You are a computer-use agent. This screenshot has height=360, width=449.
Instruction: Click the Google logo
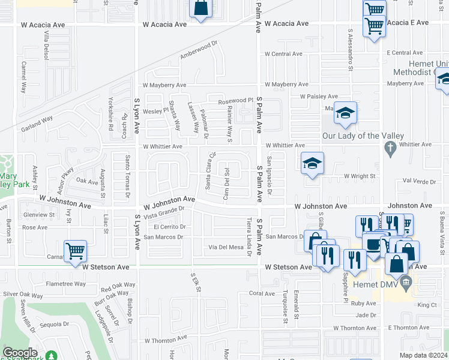[20, 353]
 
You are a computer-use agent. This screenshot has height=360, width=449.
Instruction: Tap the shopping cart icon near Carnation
[75, 251]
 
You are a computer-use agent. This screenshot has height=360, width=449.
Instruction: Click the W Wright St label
[359, 176]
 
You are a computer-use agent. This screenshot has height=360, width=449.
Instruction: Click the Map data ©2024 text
[422, 355]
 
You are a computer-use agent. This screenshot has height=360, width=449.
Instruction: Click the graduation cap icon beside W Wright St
[312, 163]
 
